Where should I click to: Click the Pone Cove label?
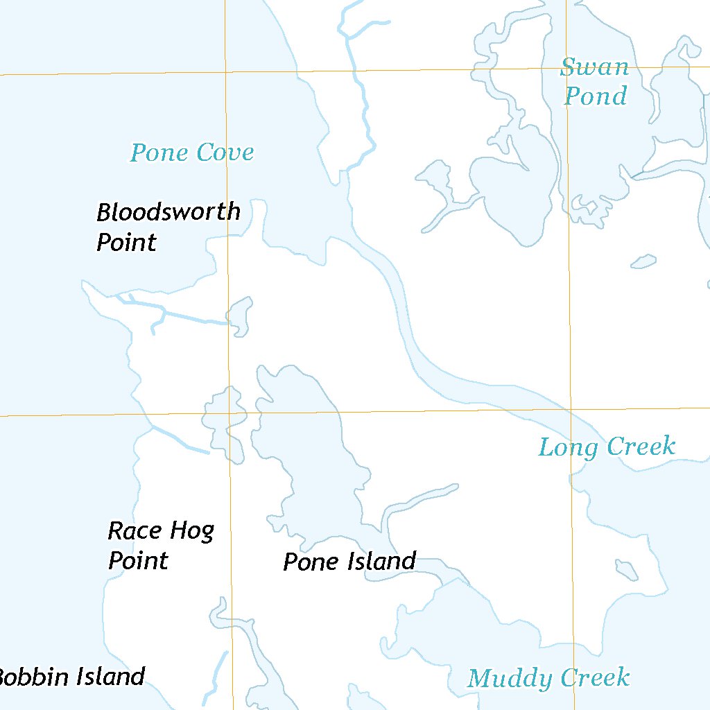[x=192, y=153]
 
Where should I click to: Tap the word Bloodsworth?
[x=168, y=212]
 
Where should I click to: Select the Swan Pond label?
[x=595, y=82]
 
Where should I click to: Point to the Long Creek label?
[x=607, y=447]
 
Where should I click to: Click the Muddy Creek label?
[x=548, y=678]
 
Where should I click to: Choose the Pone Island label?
[x=349, y=562]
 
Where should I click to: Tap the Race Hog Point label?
[x=161, y=546]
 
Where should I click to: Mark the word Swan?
[x=594, y=68]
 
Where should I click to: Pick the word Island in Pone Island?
[x=381, y=561]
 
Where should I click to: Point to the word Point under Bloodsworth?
[x=126, y=243]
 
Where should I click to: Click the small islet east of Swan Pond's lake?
[x=643, y=261]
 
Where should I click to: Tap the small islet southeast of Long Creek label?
[x=627, y=570]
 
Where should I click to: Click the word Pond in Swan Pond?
[x=595, y=96]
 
